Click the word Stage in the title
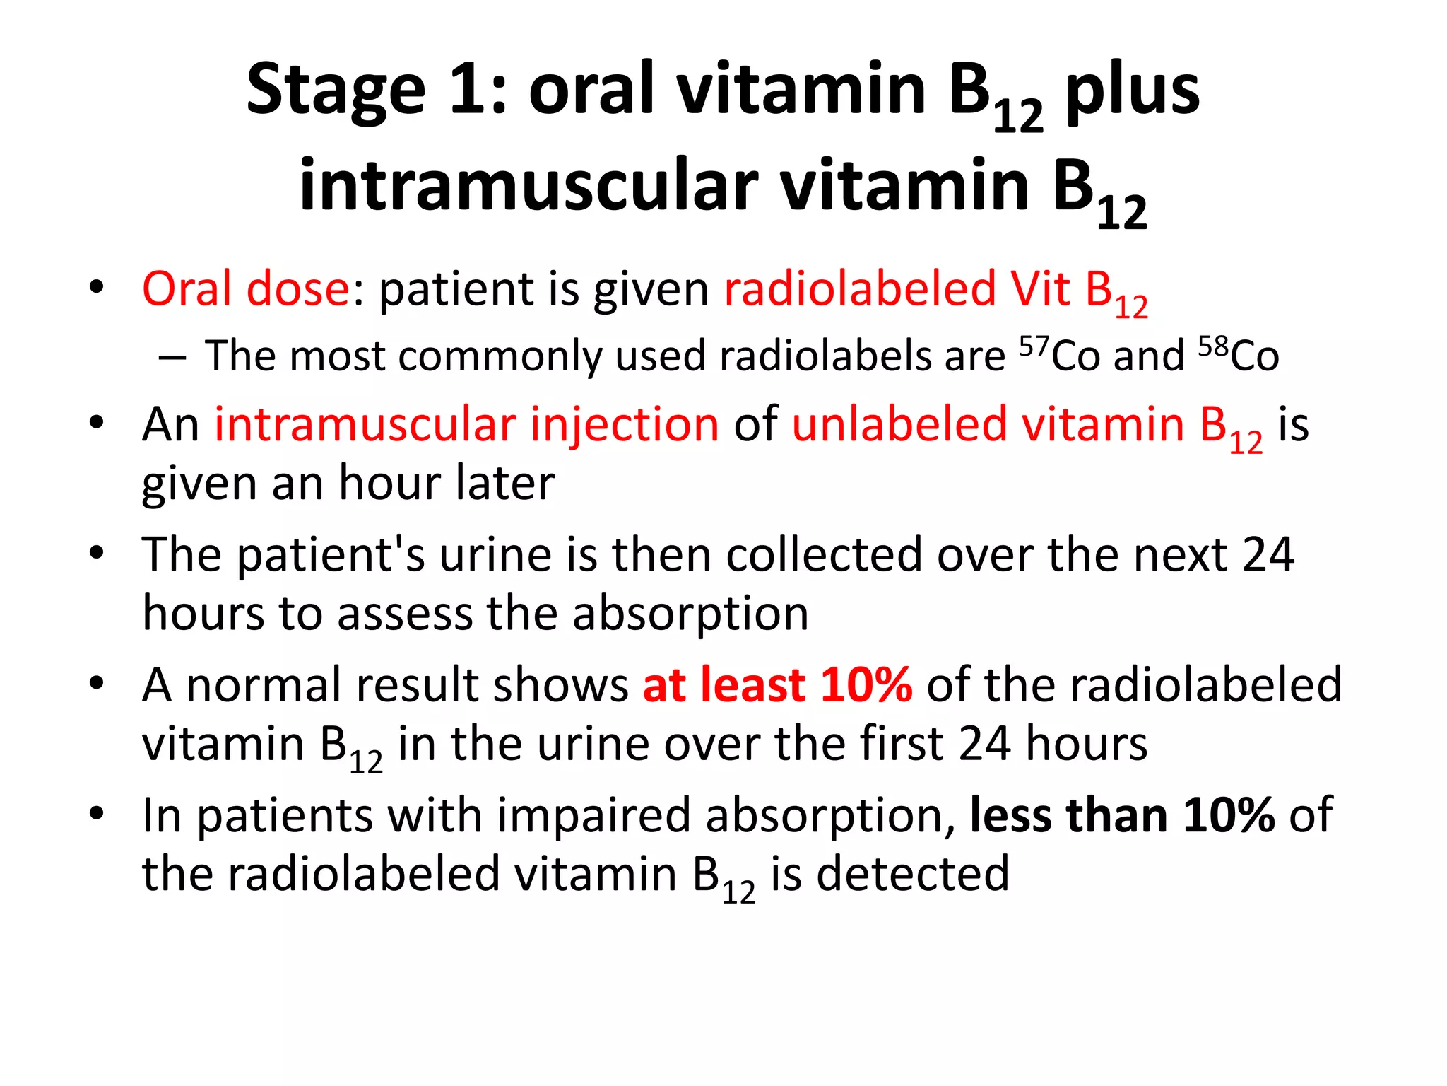(336, 90)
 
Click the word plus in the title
(1132, 90)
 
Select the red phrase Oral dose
(246, 289)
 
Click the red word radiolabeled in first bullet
(860, 289)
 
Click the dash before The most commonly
(172, 358)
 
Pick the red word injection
(625, 426)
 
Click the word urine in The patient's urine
(495, 555)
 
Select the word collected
(825, 555)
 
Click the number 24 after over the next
(1268, 555)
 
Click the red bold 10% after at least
(866, 685)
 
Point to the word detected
(913, 875)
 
